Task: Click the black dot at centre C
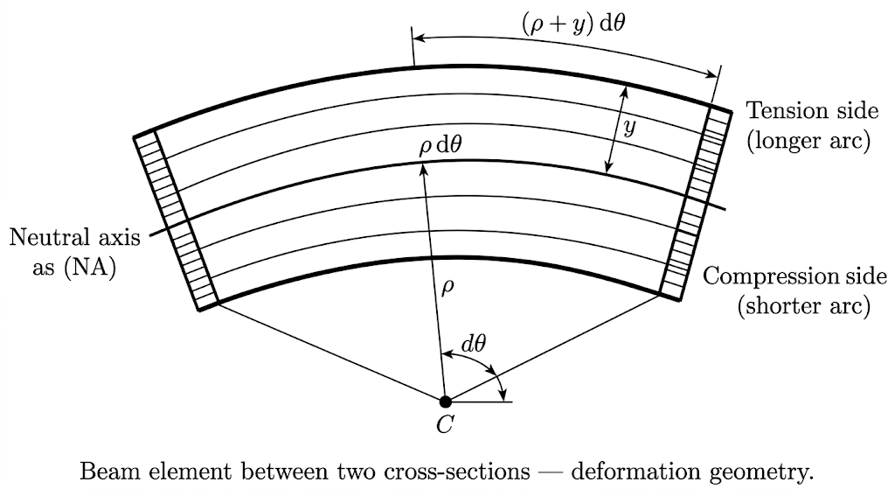tap(445, 402)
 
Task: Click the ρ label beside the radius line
tap(447, 287)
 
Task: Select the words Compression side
tap(794, 277)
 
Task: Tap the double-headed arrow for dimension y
tap(617, 129)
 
